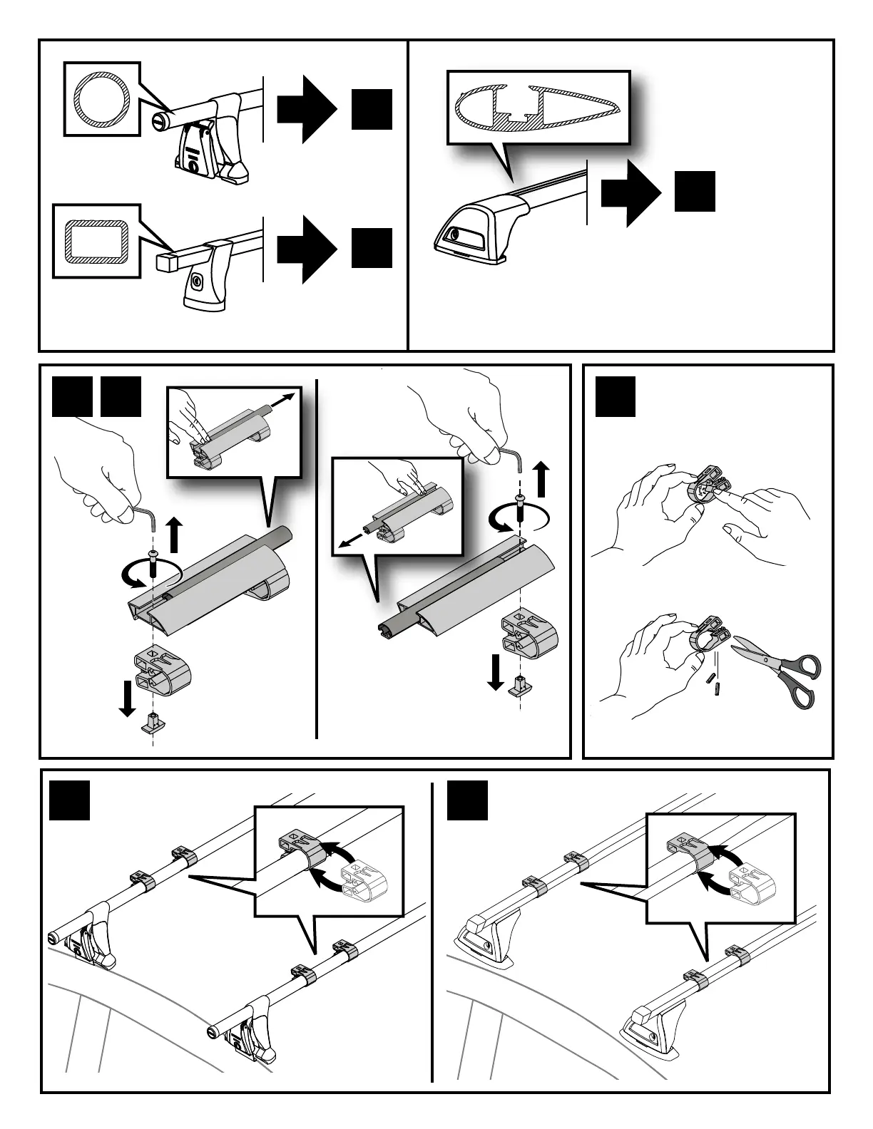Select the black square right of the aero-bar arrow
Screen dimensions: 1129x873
click(x=695, y=191)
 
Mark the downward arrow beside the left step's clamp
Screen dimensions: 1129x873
click(x=128, y=698)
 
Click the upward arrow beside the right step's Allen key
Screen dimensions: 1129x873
click(x=542, y=478)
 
